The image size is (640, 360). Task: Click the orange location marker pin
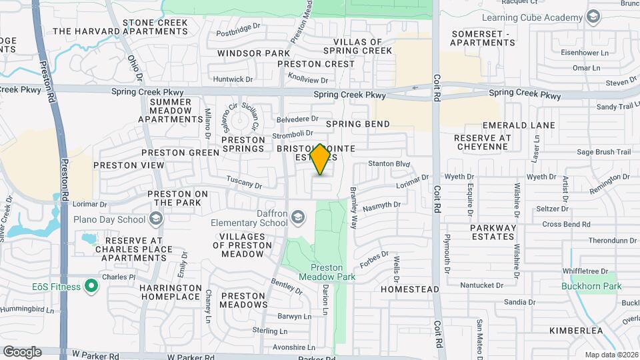point(321,159)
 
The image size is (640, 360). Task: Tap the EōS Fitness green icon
point(92,287)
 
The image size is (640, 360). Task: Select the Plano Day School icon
point(155,219)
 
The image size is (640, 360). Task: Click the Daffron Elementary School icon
point(298,217)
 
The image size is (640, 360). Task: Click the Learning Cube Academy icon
point(593,16)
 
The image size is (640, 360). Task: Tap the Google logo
point(22,351)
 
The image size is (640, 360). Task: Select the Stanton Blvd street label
point(388,163)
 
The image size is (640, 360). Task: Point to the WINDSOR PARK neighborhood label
point(253,53)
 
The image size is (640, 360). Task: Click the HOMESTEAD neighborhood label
point(410,289)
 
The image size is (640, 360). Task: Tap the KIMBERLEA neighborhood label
point(576,331)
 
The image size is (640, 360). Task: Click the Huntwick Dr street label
point(233,79)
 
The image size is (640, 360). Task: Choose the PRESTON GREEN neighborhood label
point(180,153)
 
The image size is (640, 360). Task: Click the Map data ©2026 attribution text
point(611,355)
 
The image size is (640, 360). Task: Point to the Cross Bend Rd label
point(567,225)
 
